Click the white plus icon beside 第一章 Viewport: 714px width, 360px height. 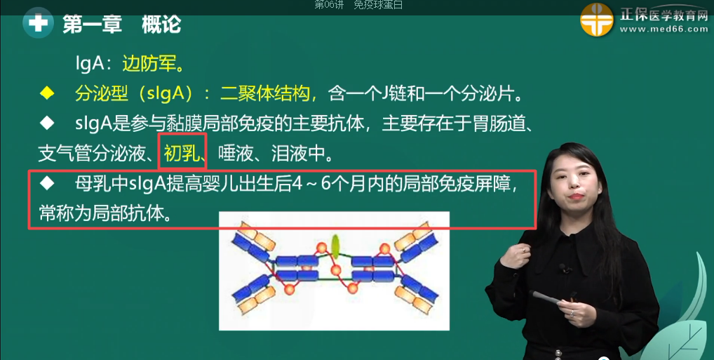click(x=39, y=24)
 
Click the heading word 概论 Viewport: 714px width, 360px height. click(x=161, y=25)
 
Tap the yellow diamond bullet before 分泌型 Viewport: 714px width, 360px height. click(x=47, y=93)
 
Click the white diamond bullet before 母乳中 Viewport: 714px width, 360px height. click(x=47, y=184)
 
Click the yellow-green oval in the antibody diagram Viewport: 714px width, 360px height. click(x=335, y=246)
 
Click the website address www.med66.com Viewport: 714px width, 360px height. click(x=664, y=30)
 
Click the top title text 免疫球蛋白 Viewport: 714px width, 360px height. click(x=378, y=5)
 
